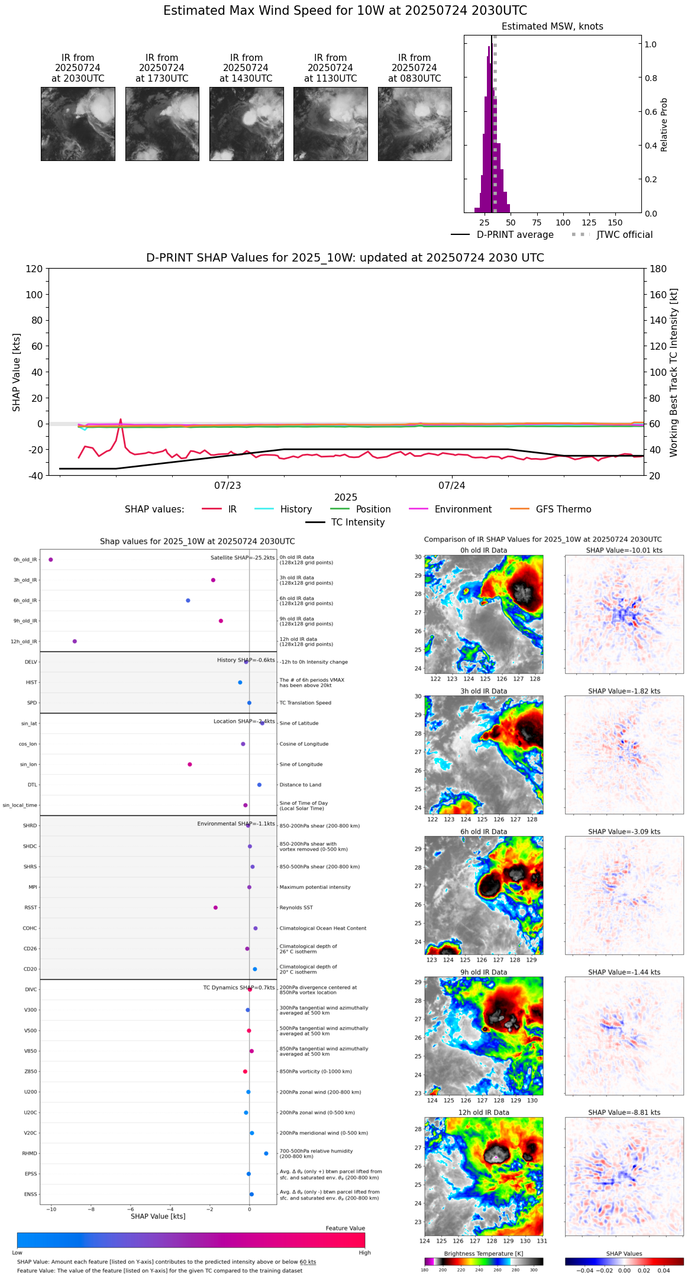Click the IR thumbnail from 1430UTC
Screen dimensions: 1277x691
click(x=246, y=124)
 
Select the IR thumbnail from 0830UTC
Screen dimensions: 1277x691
click(x=415, y=124)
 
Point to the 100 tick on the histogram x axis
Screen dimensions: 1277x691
click(x=563, y=222)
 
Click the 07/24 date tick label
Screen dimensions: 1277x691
click(x=451, y=486)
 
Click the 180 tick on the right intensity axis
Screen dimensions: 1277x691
click(x=658, y=269)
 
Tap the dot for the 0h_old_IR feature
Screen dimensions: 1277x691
click(x=51, y=559)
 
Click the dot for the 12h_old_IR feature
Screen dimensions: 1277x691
click(x=75, y=641)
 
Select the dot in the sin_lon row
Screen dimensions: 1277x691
click(x=190, y=764)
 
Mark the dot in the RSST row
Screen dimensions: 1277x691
click(x=215, y=907)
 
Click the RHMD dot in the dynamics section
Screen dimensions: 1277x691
click(x=266, y=1153)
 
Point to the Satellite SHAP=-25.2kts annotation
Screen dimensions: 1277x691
click(x=243, y=557)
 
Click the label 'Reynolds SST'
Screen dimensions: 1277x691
click(x=296, y=907)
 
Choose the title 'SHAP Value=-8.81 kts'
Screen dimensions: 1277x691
click(x=624, y=1112)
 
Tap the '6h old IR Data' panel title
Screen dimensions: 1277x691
click(x=483, y=831)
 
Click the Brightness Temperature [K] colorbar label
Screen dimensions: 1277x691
click(x=483, y=1253)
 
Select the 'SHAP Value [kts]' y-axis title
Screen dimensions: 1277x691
click(x=17, y=372)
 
